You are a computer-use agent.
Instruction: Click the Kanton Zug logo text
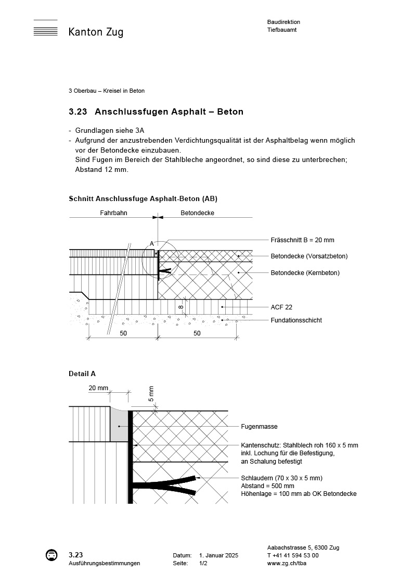point(96,32)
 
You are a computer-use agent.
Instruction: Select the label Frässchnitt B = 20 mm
point(302,240)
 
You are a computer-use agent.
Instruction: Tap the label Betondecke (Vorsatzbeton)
point(309,256)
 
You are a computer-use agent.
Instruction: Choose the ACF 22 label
point(281,307)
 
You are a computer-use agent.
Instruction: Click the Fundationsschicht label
point(296,320)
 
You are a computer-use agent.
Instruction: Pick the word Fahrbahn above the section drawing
point(113,213)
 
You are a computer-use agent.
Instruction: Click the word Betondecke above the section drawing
point(197,213)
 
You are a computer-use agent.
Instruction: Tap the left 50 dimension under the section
point(123,333)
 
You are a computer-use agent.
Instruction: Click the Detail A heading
point(82,374)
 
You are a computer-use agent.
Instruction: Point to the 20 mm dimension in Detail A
point(98,388)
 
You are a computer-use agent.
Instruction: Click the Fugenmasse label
point(259,427)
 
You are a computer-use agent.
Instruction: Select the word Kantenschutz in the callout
point(260,445)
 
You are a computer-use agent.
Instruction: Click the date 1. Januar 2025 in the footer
point(218,556)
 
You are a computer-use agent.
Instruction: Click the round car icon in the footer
point(51,555)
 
